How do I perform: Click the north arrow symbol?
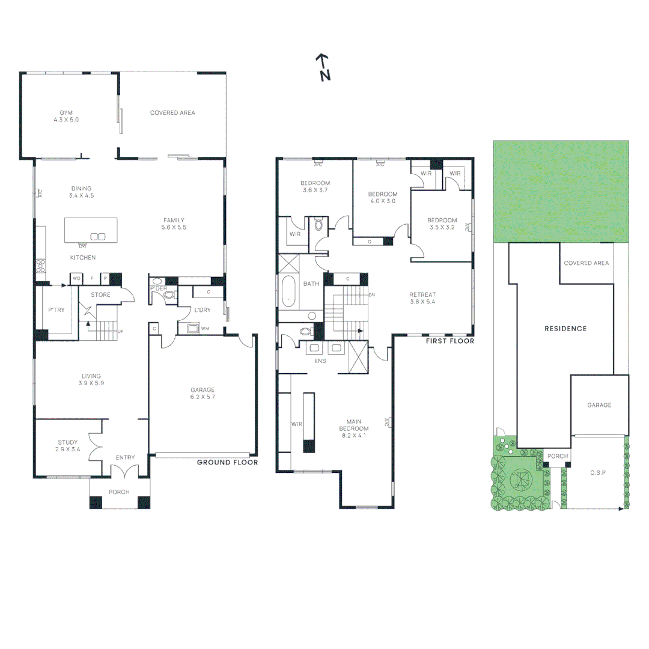click(x=323, y=67)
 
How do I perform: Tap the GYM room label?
click(x=66, y=112)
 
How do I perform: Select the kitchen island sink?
click(x=98, y=236)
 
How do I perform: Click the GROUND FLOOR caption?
click(x=228, y=462)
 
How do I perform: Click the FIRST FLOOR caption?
click(x=449, y=341)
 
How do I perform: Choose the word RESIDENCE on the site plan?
click(x=565, y=329)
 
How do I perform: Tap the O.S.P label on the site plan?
click(x=597, y=473)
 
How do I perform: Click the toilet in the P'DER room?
click(x=169, y=295)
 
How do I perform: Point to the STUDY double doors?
click(x=94, y=447)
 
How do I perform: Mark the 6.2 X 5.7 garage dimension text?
click(x=202, y=397)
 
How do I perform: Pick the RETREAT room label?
click(x=422, y=294)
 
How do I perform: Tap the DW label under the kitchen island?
click(x=83, y=246)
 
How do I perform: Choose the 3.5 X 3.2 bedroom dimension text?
click(x=442, y=228)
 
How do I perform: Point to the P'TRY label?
click(x=56, y=311)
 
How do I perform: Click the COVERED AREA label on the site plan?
click(x=586, y=263)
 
